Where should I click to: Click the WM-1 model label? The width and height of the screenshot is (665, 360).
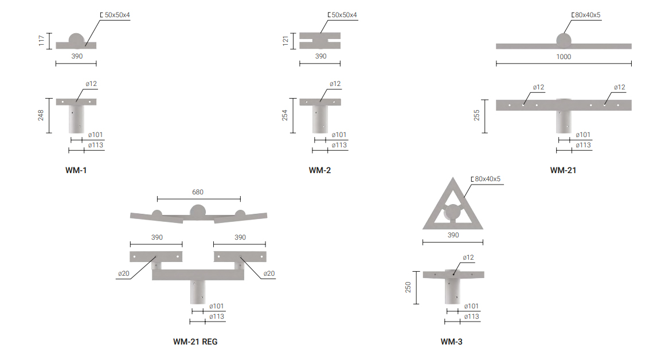click(x=76, y=170)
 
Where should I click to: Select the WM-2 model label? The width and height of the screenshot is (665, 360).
click(x=320, y=170)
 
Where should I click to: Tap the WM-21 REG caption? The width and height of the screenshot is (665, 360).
click(x=195, y=342)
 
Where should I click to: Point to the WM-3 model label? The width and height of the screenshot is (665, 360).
click(x=451, y=342)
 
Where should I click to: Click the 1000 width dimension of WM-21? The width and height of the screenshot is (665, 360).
click(x=564, y=57)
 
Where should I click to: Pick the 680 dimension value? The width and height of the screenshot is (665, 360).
click(x=198, y=192)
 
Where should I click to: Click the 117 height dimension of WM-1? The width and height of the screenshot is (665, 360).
click(x=41, y=41)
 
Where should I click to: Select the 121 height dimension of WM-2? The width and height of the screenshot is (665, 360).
click(x=285, y=41)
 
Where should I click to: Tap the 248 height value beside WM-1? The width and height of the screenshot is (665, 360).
click(x=41, y=115)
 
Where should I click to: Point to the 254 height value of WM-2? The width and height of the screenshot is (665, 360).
click(x=284, y=115)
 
